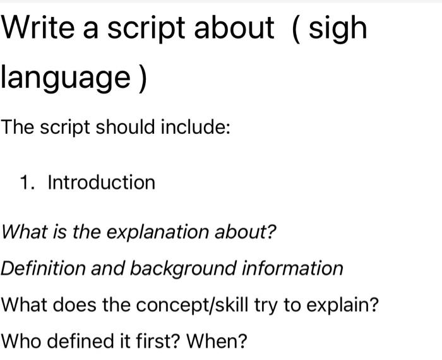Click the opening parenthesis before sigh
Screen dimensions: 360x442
(x=296, y=29)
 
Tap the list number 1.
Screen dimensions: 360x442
(x=26, y=183)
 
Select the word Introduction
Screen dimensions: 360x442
(x=101, y=183)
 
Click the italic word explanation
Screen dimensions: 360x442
(x=145, y=232)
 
